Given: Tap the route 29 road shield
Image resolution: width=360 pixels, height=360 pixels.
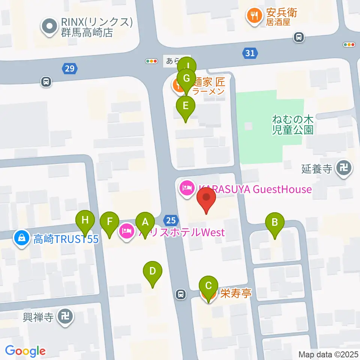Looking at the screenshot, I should pyautogui.click(x=70, y=69).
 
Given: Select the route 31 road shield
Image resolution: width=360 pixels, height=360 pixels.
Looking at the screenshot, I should pyautogui.click(x=250, y=54).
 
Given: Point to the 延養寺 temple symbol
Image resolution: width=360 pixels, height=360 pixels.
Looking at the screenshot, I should pyautogui.click(x=344, y=168).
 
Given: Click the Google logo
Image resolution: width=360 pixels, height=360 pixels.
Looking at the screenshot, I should pyautogui.click(x=25, y=351).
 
